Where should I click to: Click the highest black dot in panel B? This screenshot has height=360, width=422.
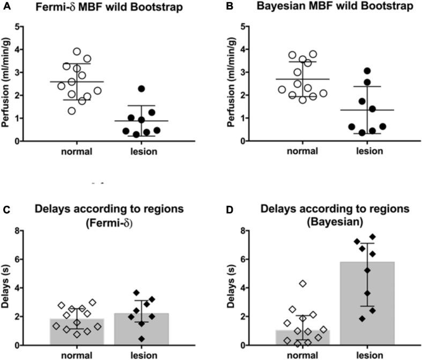coord(367,71)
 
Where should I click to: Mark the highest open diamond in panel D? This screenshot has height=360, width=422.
coord(303,283)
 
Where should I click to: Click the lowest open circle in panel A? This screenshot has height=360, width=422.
coord(71,111)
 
